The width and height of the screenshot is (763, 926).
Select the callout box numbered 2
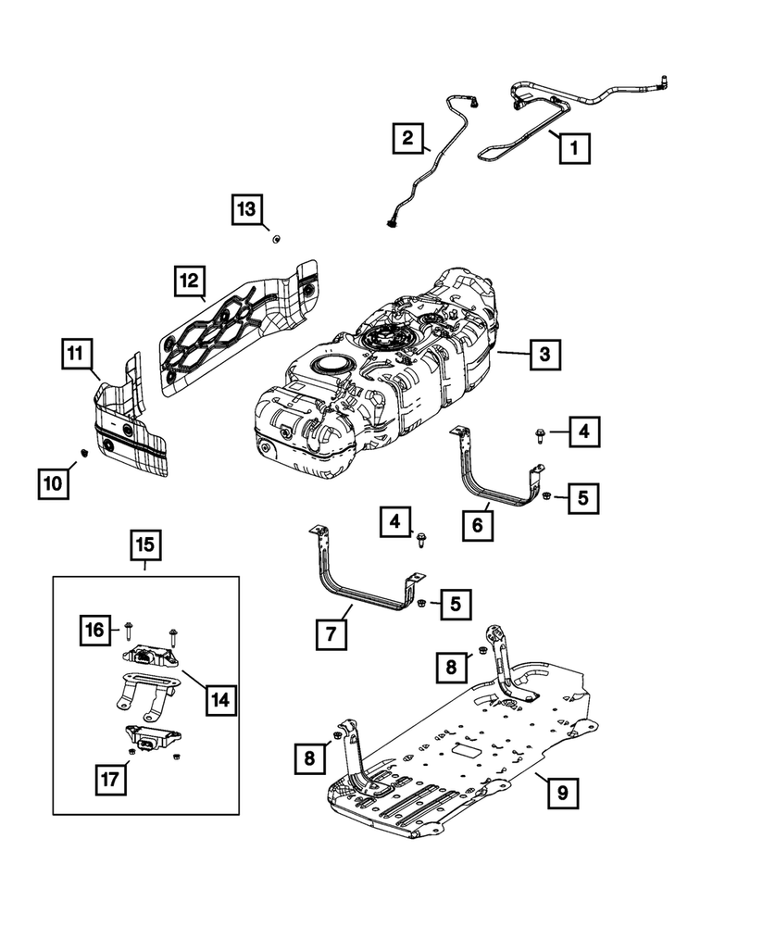pos(406,138)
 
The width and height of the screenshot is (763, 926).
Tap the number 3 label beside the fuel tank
pos(545,353)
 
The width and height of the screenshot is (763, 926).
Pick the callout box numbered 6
pos(478,525)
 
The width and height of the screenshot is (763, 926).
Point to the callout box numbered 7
pos(331,634)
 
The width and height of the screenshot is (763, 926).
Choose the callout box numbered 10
pos(53,482)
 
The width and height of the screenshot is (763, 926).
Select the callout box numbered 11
pos(79,353)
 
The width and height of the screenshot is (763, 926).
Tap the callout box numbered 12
pos(189,281)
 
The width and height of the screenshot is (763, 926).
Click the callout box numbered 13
pos(247,210)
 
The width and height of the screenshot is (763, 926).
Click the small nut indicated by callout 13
pos(275,240)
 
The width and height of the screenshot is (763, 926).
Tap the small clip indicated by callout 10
pos(82,452)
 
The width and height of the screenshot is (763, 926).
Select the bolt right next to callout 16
pos(128,632)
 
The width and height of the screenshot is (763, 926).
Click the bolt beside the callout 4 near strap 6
pos(540,432)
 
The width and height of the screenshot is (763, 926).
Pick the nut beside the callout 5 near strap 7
pos(422,605)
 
